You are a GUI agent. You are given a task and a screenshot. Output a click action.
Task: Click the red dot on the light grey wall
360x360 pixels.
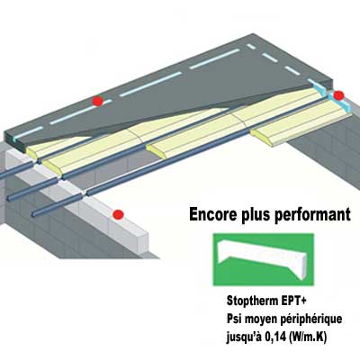[x=118, y=214]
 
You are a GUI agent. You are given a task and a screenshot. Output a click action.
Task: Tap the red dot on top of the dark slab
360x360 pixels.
[x=98, y=101]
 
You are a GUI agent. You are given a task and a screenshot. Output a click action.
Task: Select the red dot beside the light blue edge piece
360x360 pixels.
[x=338, y=95]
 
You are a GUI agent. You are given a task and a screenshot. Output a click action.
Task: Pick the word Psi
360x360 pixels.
[x=235, y=319]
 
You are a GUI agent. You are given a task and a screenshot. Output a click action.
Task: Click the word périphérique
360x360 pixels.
[x=311, y=319]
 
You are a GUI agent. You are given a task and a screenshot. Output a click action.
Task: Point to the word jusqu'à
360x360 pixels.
[x=243, y=338]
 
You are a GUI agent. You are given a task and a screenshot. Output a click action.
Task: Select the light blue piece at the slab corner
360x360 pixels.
[x=331, y=95]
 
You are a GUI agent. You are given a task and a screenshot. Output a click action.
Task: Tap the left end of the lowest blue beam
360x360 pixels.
[x=32, y=214]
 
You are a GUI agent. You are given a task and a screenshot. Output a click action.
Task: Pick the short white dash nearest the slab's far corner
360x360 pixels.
[x=251, y=47]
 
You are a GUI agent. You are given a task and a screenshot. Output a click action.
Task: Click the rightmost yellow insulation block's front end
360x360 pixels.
[x=262, y=137]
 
